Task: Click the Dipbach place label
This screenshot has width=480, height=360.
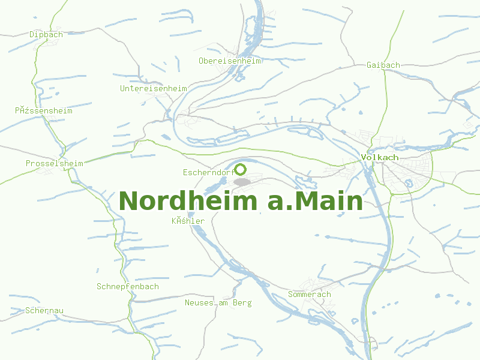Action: (x=46, y=34)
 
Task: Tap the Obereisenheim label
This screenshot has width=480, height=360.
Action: (x=230, y=61)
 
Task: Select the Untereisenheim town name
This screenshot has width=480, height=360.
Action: (x=154, y=88)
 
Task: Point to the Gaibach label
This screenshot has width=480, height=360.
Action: (x=383, y=65)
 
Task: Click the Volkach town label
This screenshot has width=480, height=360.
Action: (x=380, y=157)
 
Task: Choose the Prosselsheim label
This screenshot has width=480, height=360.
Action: (x=54, y=163)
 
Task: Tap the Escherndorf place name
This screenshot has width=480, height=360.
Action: (x=208, y=173)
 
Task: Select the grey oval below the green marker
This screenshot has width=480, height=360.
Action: (x=242, y=182)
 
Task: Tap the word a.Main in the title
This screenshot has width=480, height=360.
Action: (x=315, y=201)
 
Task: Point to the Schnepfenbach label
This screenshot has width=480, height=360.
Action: (x=128, y=286)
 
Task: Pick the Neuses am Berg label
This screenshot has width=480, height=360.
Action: (x=218, y=303)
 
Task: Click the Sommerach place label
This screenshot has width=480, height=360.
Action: (x=310, y=295)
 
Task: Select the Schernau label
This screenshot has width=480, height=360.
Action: (x=45, y=310)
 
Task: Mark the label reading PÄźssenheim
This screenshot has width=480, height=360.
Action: (x=44, y=110)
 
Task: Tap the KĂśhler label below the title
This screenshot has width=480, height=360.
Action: (x=188, y=221)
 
